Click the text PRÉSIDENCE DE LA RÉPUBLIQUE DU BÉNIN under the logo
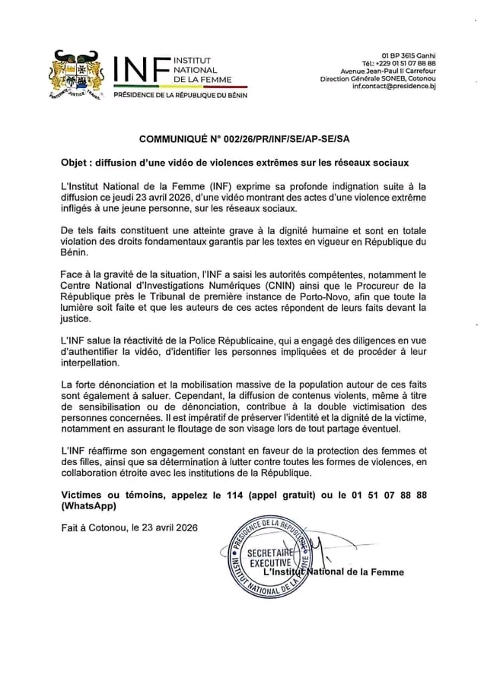[180, 96]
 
